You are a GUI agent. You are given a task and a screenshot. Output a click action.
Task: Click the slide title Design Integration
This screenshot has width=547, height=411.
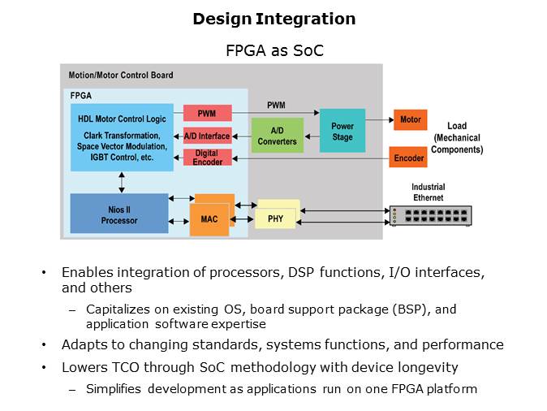pos(273,19)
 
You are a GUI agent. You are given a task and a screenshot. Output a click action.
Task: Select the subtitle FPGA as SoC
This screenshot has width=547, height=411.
pos(273,50)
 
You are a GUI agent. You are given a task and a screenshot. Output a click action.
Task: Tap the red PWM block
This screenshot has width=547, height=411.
pos(206,114)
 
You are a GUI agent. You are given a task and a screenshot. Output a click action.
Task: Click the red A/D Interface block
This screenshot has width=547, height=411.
pos(206,136)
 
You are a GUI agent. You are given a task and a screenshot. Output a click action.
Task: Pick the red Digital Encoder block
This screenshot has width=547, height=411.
pos(206,158)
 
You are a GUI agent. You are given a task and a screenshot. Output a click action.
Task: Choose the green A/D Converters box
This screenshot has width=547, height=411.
pos(277,136)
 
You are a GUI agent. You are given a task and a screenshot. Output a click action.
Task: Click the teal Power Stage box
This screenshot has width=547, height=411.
pos(342,131)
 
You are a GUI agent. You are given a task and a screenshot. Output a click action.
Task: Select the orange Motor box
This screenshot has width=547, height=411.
pos(410,120)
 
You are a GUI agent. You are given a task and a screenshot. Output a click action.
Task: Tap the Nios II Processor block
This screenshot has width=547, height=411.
pos(119,214)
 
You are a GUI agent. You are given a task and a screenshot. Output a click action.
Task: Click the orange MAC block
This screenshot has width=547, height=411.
pos(209,219)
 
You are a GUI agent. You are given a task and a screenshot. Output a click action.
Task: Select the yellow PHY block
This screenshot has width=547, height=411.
pos(275,218)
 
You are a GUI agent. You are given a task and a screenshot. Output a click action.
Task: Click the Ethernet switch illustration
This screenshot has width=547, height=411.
pos(430,215)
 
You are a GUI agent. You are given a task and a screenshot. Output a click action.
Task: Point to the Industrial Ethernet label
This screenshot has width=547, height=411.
pos(428,192)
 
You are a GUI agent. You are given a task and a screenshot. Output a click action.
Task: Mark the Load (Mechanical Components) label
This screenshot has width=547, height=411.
pos(456,138)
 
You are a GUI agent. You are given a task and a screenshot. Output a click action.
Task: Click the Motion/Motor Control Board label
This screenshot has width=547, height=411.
pos(120,76)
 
